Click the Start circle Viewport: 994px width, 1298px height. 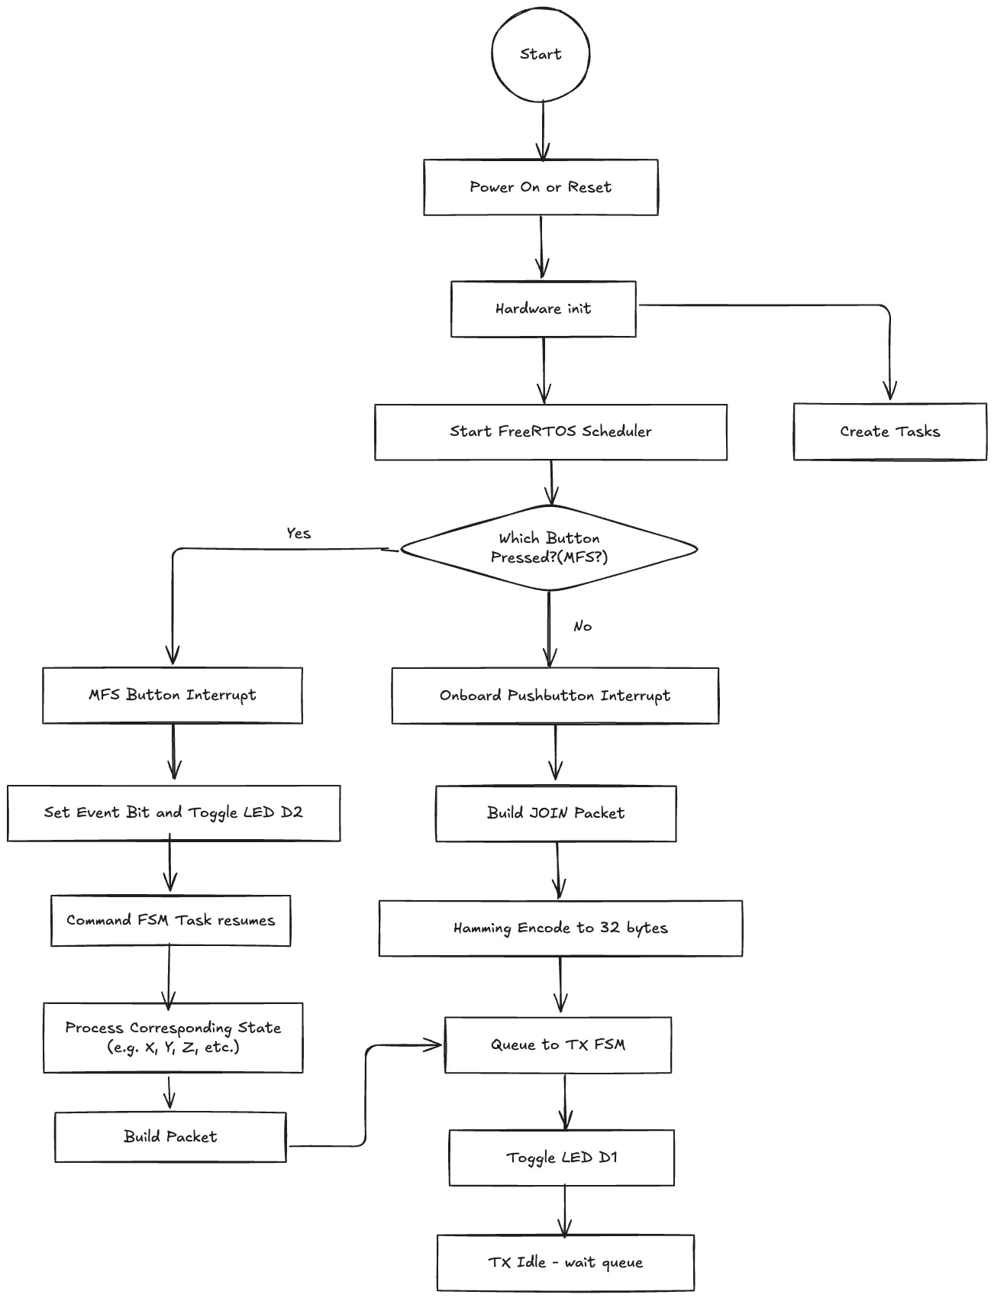point(541,54)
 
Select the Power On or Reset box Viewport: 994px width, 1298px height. point(541,187)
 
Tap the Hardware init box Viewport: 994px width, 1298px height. point(544,308)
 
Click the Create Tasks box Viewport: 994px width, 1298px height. point(890,431)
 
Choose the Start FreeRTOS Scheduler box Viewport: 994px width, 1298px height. point(550,431)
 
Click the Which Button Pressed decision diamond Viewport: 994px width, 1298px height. point(549,548)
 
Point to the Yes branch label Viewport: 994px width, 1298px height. point(299,533)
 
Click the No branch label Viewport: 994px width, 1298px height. point(583,626)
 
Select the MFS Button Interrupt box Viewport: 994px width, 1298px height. point(173,695)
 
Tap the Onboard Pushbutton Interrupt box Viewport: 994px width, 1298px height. point(555,696)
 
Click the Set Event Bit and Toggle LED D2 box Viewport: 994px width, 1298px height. point(174,813)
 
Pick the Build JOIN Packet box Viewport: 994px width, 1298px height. point(556,813)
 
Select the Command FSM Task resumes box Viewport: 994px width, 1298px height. point(171,920)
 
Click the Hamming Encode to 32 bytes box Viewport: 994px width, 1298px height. point(560,928)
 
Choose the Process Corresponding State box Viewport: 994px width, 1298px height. point(173,1038)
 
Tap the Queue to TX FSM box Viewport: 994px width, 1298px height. point(558,1045)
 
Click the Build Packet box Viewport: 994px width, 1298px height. point(170,1137)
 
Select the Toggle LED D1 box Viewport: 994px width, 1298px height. point(562,1158)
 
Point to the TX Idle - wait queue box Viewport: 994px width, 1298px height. point(566,1263)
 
